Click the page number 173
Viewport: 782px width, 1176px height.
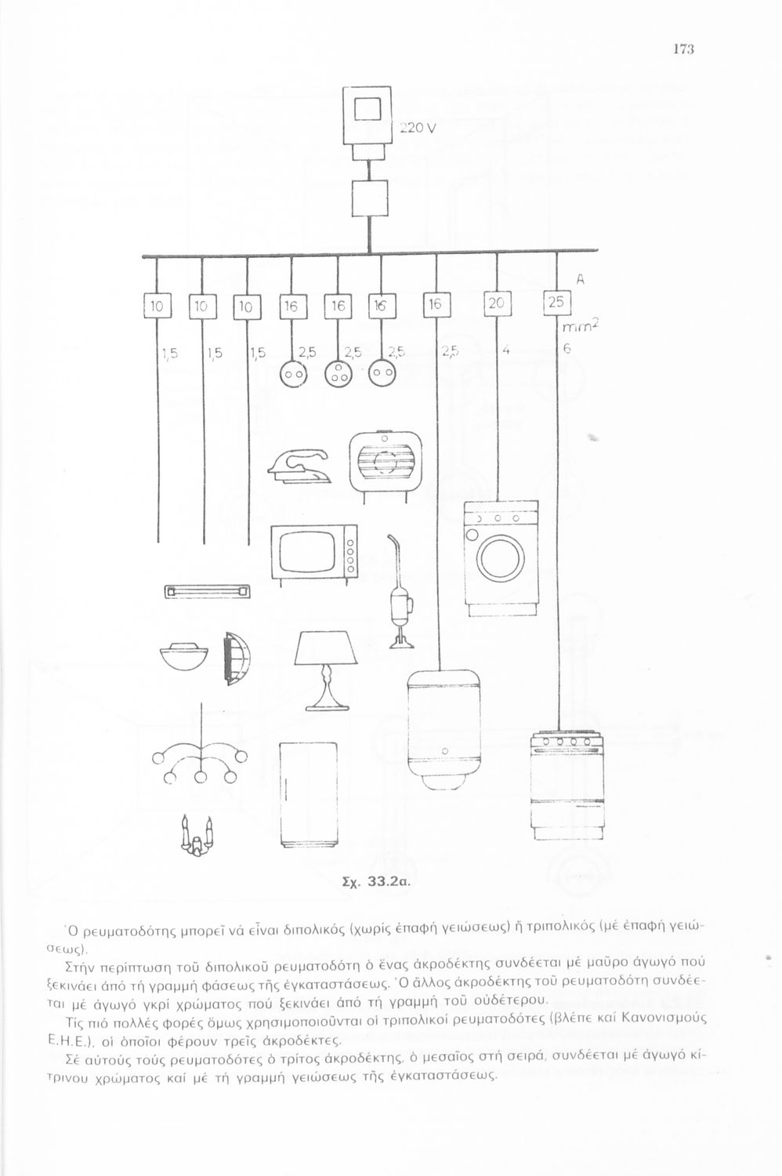pyautogui.click(x=683, y=49)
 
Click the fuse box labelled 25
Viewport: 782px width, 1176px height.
pyautogui.click(x=556, y=303)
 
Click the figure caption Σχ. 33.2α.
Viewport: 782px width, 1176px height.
pyautogui.click(x=378, y=880)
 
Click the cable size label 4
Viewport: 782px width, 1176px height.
pyautogui.click(x=506, y=351)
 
